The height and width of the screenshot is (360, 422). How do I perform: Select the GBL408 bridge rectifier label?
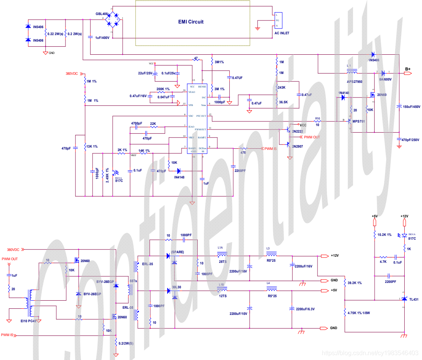pos(102,14)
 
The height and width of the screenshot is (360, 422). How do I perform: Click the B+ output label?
pos(407,69)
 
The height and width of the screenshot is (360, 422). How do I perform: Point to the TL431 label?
pos(414,299)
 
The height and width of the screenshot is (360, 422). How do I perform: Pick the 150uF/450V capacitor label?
pos(411,107)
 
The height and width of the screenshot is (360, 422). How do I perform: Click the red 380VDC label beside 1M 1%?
pos(72,73)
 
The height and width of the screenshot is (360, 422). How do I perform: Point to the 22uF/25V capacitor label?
pos(145,73)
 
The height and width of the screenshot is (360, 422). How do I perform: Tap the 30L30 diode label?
pos(176,287)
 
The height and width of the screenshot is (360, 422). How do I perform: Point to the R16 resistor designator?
pos(317,118)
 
